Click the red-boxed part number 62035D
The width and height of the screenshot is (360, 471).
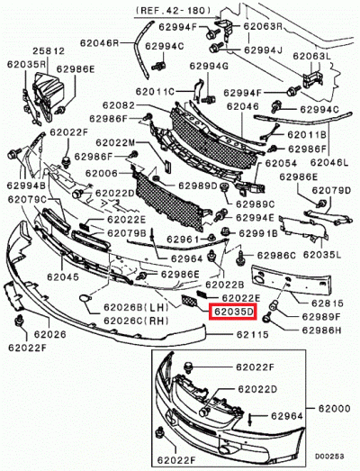[234, 312]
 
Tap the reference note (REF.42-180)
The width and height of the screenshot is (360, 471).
[174, 11]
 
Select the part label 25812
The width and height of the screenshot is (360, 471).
[49, 51]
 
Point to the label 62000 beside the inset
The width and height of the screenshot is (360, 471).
[334, 409]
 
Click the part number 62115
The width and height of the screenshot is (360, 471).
[253, 334]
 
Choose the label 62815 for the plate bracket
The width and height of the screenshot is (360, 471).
[327, 303]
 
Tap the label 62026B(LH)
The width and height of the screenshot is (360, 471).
[136, 307]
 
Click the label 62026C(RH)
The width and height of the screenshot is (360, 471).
[136, 321]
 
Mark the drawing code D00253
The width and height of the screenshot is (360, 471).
[329, 457]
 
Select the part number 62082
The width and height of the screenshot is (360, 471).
[119, 105]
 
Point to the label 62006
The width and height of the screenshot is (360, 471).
[102, 173]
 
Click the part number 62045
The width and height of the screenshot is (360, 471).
[63, 276]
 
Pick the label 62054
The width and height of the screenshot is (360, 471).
[281, 163]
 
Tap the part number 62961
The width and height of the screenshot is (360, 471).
[183, 240]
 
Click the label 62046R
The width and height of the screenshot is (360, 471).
[99, 43]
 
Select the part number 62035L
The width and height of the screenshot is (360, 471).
[322, 255]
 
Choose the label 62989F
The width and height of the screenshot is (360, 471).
[321, 317]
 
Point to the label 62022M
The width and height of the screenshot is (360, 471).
[115, 142]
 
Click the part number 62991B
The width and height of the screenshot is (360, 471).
[258, 233]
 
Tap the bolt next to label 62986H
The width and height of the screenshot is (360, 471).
[267, 318]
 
